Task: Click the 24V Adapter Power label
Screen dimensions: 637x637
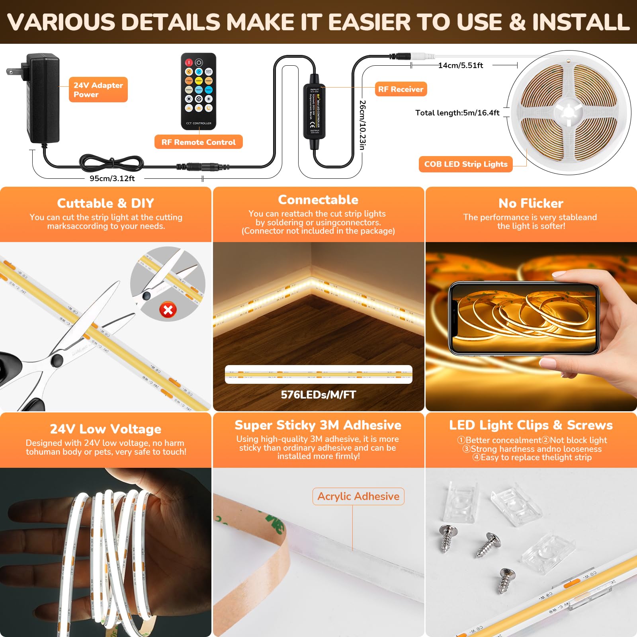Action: tap(98, 90)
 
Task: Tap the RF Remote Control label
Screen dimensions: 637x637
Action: tap(198, 142)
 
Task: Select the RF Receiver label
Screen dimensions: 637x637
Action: tap(401, 89)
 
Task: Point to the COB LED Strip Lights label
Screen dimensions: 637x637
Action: tap(465, 164)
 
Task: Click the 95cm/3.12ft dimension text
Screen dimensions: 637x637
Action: tap(112, 178)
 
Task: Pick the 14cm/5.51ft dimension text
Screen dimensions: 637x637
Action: tap(461, 65)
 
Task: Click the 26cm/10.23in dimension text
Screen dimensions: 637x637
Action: tap(362, 125)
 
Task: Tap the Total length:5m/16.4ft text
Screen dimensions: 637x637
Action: tap(457, 113)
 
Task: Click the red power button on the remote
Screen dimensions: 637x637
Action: tap(189, 63)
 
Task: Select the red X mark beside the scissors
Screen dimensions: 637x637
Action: tap(168, 310)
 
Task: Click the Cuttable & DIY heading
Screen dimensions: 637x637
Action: tap(106, 203)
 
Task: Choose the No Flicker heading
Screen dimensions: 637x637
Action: tap(531, 203)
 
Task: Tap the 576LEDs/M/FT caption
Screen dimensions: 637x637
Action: tap(318, 395)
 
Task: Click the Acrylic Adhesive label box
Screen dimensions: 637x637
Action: tap(358, 496)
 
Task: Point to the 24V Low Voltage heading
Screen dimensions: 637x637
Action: tap(106, 429)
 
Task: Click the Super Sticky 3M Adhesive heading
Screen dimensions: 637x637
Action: tap(318, 425)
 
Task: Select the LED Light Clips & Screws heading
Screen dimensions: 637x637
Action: tap(531, 425)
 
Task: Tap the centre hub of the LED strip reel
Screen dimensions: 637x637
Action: tap(569, 112)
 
